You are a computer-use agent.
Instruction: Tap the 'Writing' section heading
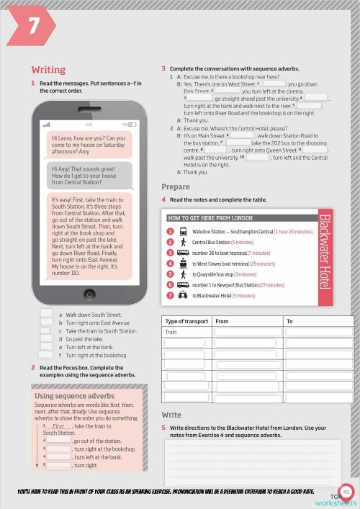coord(48,70)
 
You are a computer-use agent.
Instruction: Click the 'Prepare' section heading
coord(176,187)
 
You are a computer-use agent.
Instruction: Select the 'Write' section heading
coord(171,415)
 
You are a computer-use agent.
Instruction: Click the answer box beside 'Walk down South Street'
coord(47,315)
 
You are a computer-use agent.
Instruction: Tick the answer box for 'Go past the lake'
coord(47,338)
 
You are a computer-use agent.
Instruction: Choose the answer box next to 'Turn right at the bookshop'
coord(47,355)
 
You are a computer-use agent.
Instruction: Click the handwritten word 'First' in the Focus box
coord(59,426)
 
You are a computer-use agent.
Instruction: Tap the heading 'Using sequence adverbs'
coord(74,396)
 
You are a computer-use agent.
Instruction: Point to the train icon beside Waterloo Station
coord(183,232)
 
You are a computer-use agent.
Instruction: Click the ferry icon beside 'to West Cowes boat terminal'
coord(183,264)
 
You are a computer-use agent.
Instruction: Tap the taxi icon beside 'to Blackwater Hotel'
coord(183,296)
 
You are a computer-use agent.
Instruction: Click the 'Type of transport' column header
coord(186,322)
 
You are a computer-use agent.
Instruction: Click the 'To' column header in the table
coord(290,322)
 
